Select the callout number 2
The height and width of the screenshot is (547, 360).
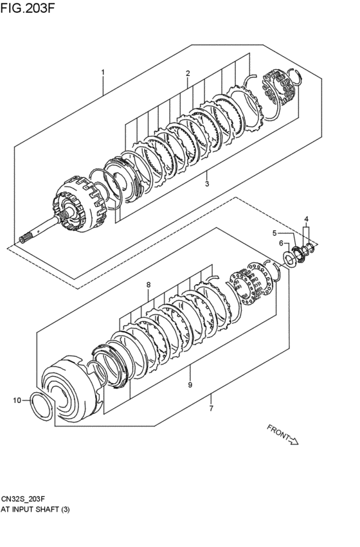pos(188,73)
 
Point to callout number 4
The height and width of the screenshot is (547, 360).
pos(307,219)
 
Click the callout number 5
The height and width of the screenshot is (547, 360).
pos(274,233)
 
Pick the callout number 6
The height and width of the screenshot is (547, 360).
pos(281,243)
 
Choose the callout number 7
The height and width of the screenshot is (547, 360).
pos(211,408)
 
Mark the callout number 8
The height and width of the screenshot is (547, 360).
pos(148,285)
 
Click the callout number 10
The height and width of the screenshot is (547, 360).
pos(17,400)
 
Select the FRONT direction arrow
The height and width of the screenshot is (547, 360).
pos(282,435)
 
